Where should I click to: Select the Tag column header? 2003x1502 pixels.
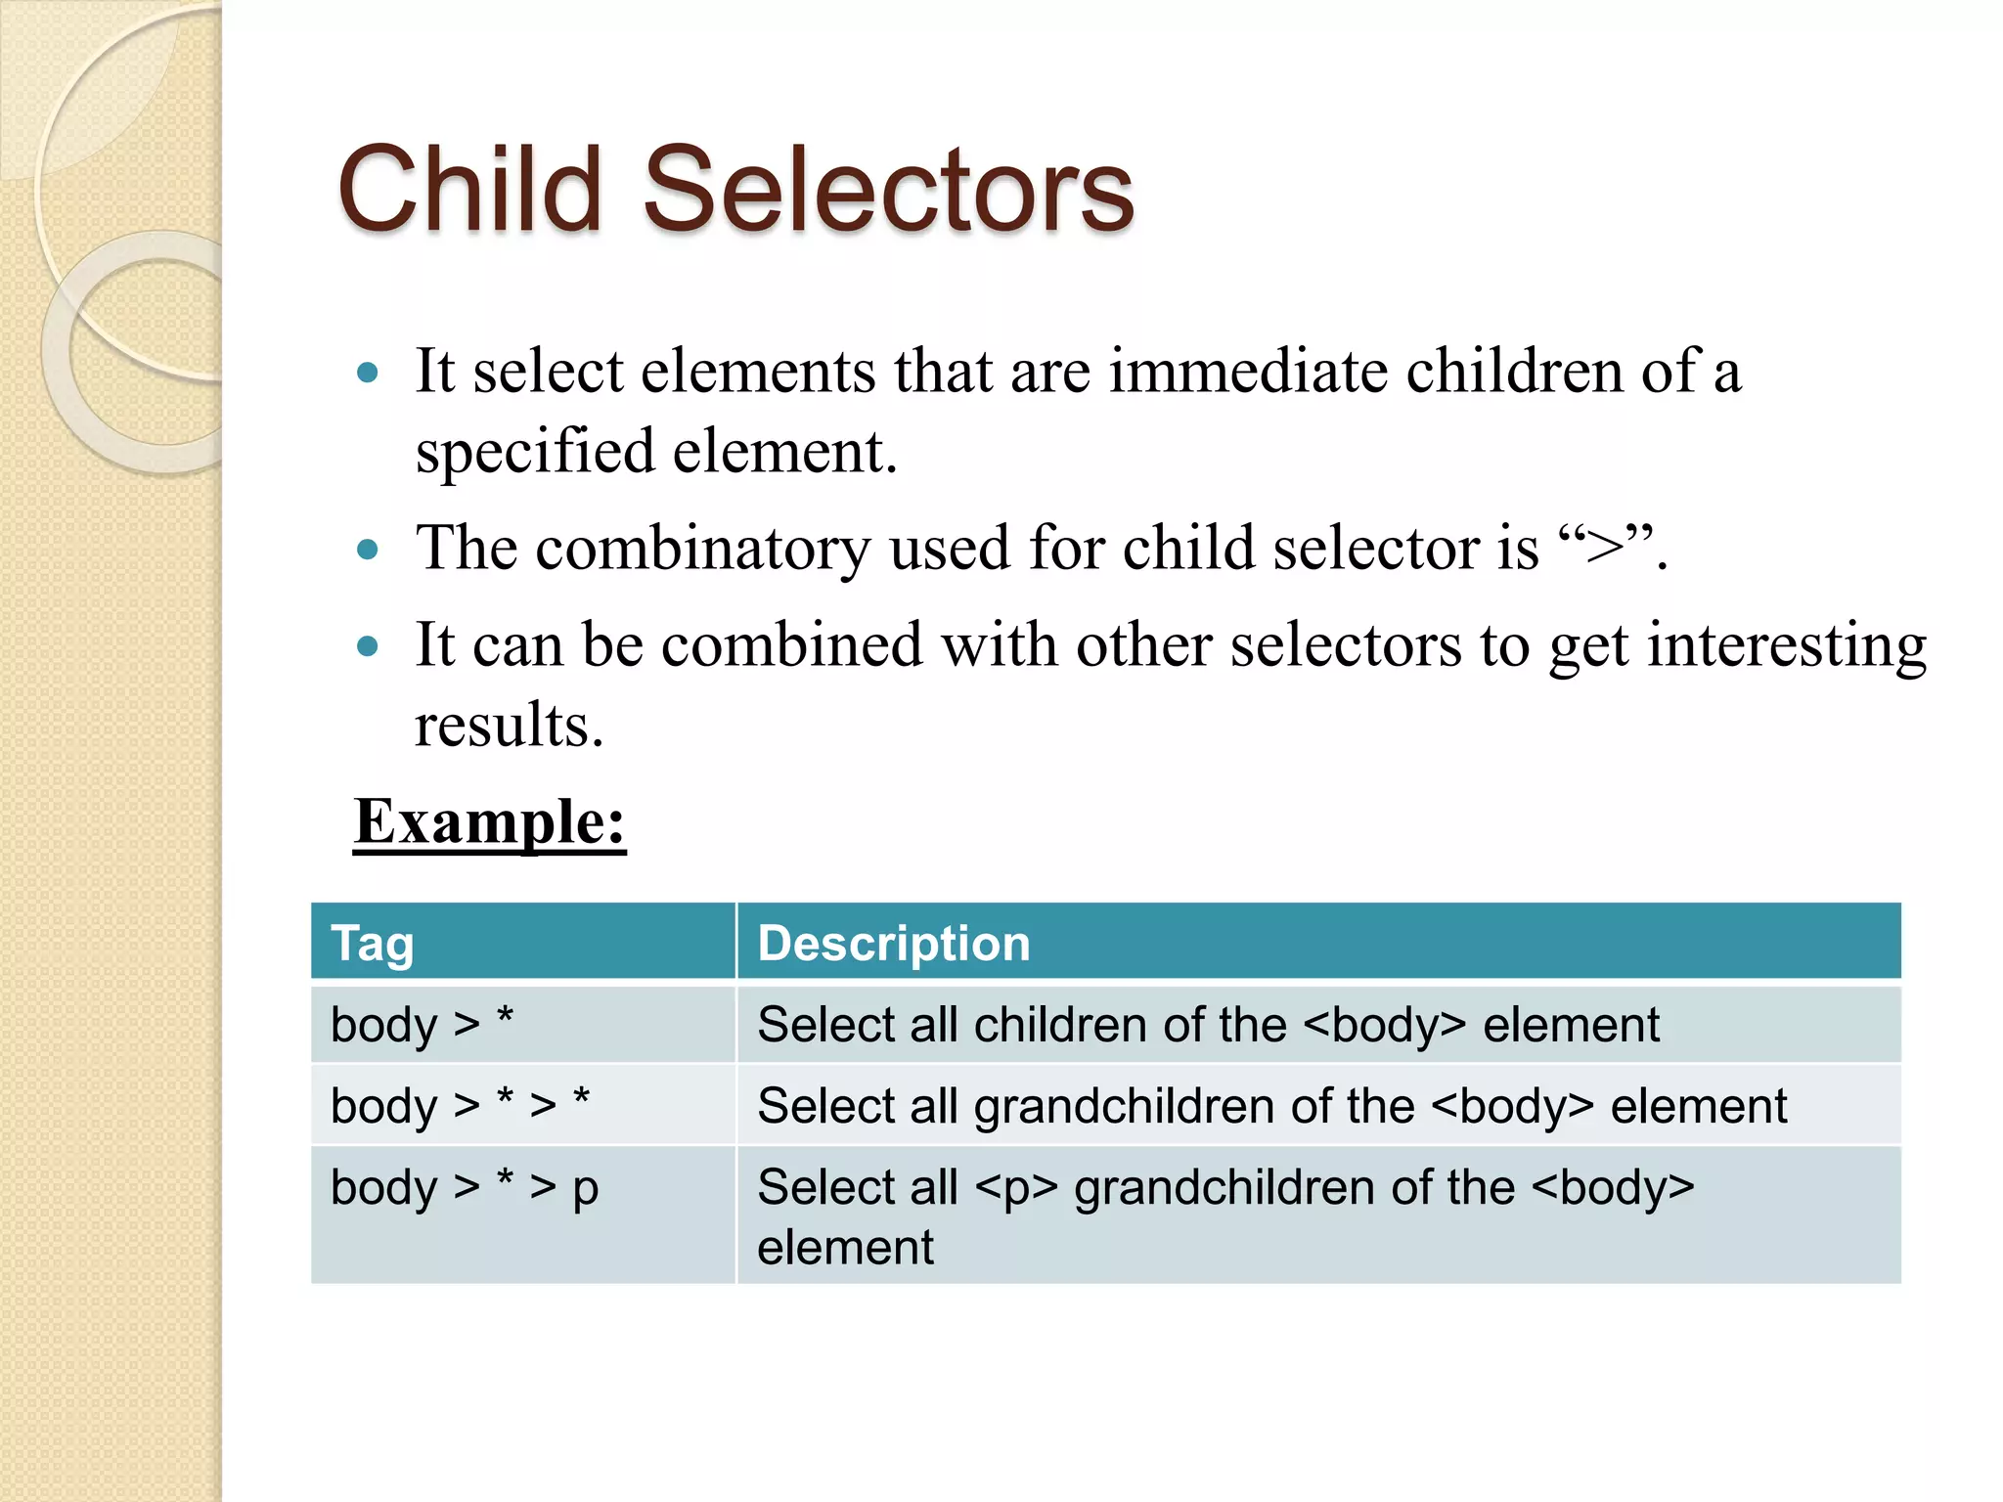(373, 944)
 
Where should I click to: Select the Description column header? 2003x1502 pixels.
(893, 944)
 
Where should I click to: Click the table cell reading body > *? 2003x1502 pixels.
(422, 1024)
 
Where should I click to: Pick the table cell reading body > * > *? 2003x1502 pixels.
(460, 1105)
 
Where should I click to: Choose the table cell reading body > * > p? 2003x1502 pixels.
(465, 1187)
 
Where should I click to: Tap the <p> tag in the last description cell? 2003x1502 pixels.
(1016, 1188)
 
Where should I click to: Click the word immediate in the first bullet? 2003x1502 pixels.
(1247, 372)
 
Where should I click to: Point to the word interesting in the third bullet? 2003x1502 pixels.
(1787, 645)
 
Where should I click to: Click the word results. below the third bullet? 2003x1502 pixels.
(509, 725)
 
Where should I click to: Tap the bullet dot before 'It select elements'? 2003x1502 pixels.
(368, 373)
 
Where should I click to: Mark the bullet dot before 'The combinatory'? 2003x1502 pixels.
(368, 550)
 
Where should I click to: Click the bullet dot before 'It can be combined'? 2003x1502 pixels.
(368, 646)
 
